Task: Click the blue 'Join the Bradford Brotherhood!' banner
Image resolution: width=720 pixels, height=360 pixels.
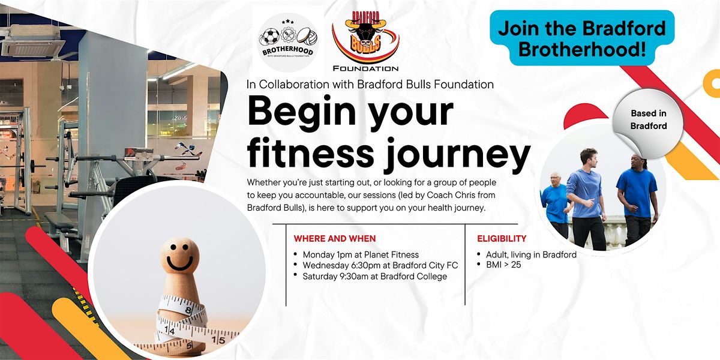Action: point(582,38)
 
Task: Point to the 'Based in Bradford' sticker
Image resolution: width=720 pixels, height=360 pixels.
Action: point(648,119)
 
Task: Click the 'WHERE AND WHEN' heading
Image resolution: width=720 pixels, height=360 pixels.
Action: point(335,238)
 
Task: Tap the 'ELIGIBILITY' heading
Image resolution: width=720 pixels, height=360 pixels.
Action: point(502,238)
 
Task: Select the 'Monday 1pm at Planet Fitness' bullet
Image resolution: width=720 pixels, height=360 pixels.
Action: point(361,254)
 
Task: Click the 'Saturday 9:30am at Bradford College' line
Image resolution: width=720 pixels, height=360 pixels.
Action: point(374,276)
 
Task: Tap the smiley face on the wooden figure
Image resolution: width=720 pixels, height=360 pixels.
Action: point(179,259)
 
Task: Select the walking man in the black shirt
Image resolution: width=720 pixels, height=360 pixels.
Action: point(637,192)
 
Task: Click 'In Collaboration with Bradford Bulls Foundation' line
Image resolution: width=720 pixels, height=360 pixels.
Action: point(370,85)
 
